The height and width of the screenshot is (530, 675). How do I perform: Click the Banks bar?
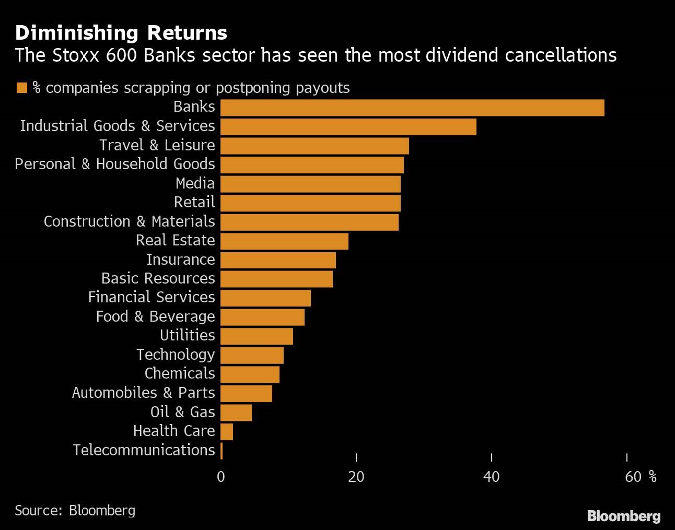pos(412,108)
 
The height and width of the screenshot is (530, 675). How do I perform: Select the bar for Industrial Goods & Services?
pos(348,127)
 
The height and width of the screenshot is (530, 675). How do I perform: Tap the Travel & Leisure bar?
pos(315,146)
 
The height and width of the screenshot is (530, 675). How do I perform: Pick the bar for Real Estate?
pos(284,241)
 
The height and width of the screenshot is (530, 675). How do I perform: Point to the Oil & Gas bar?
pos(236,413)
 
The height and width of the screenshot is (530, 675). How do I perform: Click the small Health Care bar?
pos(227,432)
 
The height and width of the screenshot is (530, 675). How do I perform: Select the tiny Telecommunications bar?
pos(222,451)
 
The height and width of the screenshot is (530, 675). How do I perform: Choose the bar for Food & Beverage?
pos(262,317)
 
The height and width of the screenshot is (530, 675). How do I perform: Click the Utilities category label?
pos(187,335)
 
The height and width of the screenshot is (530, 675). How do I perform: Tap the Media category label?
pos(195,183)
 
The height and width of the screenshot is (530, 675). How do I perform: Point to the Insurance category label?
pos(180,260)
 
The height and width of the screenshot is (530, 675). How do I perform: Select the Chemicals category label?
pos(180,373)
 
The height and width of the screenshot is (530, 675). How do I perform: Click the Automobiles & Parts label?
pos(143,393)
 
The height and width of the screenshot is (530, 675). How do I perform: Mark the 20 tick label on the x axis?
pos(356,477)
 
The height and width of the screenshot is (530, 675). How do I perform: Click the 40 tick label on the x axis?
pos(491,477)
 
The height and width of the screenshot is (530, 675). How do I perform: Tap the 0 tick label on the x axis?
pos(221,477)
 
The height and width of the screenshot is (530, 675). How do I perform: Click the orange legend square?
pos(21,88)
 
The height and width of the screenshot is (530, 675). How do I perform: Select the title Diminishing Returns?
pos(121,33)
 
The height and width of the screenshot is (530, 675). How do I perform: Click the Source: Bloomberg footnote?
pos(75,510)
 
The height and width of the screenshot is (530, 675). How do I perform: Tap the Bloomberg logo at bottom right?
pos(624,516)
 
